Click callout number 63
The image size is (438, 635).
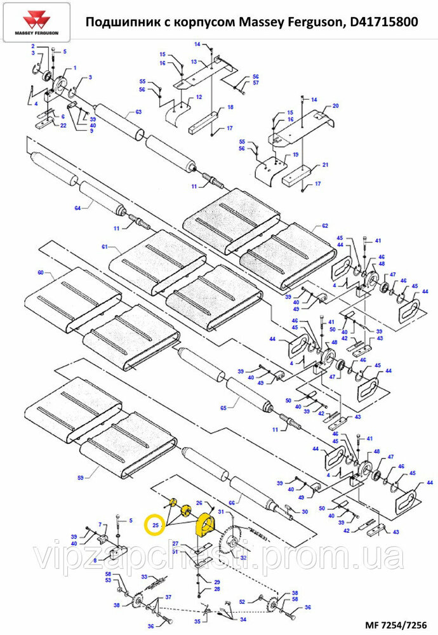click(138, 112)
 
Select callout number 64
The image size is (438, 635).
click(78, 208)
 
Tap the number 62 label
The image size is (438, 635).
click(324, 225)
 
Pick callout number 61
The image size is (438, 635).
click(105, 246)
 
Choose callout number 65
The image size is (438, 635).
click(223, 406)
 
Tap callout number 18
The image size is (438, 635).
click(230, 107)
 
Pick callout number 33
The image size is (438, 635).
click(144, 577)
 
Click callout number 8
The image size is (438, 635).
click(94, 561)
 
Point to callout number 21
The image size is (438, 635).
click(325, 165)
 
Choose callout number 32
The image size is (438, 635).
click(242, 557)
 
